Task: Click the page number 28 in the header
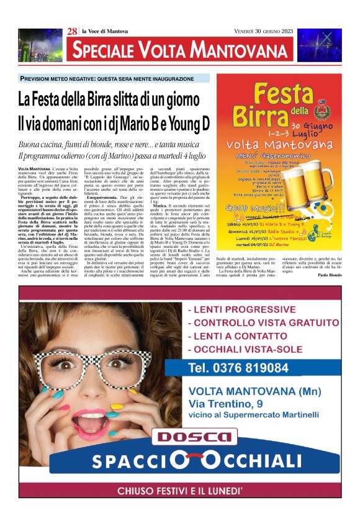tap(72, 32)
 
